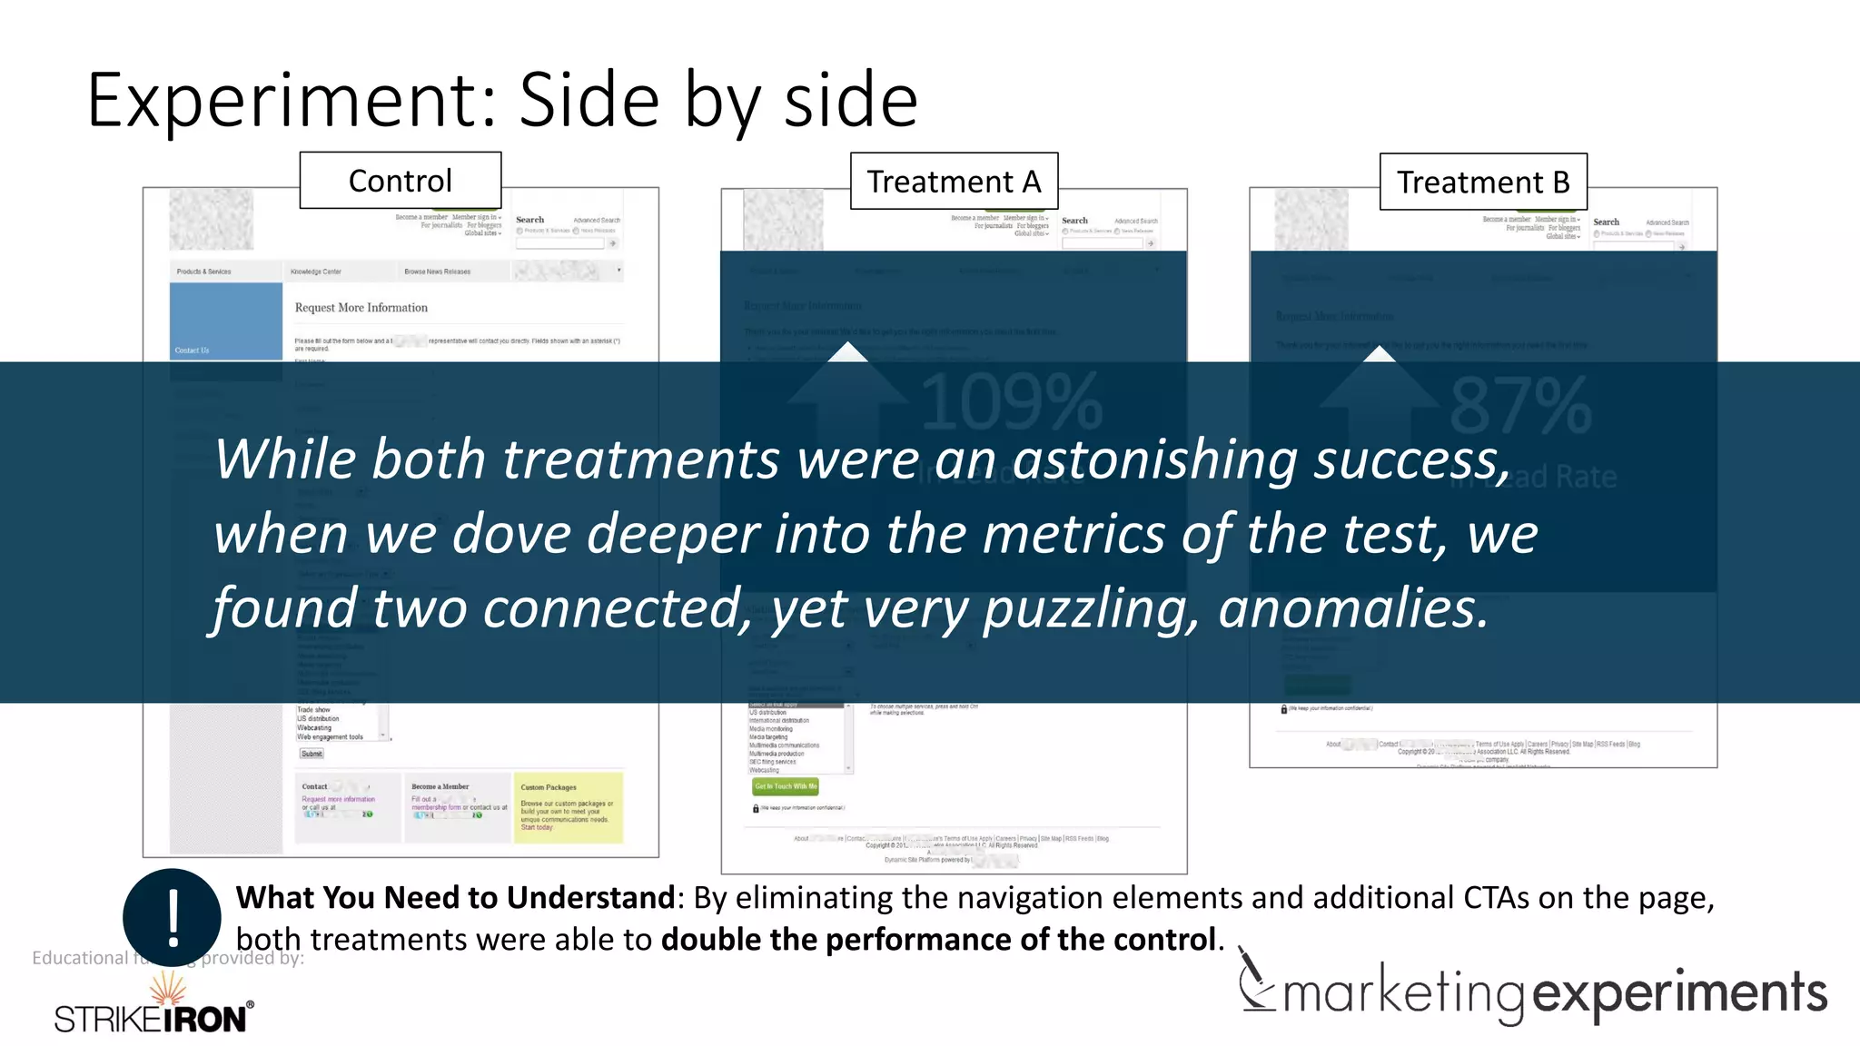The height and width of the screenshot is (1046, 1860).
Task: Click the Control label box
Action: point(401,181)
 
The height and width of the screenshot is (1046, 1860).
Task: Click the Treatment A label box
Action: point(954,182)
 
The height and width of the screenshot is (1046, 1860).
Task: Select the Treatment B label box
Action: point(1483,183)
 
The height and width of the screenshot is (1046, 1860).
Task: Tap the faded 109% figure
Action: point(1011,403)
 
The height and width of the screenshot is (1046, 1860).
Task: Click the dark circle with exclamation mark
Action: point(172,917)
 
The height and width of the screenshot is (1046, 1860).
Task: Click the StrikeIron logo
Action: point(153,1008)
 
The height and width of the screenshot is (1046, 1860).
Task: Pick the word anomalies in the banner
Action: point(1353,607)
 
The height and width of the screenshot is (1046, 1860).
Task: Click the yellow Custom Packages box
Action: point(569,807)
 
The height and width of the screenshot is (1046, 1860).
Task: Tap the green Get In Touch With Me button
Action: point(786,786)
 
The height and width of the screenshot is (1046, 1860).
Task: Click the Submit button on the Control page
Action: point(312,754)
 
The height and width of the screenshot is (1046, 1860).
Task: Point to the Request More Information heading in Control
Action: point(361,308)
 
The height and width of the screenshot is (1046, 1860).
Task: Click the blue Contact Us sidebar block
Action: point(225,320)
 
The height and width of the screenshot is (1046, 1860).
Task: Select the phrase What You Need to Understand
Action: point(454,897)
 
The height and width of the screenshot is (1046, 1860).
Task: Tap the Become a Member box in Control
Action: point(458,807)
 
